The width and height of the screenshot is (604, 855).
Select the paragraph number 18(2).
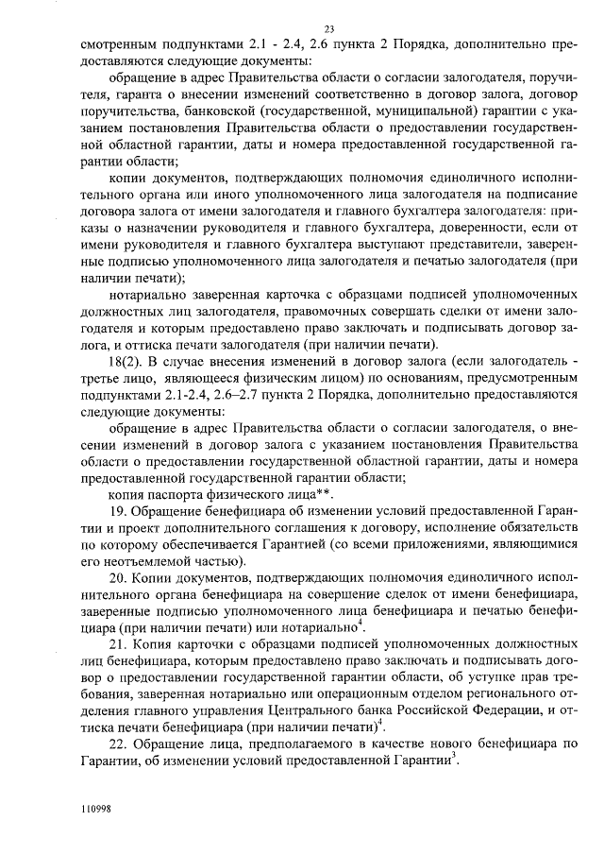(x=126, y=364)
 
